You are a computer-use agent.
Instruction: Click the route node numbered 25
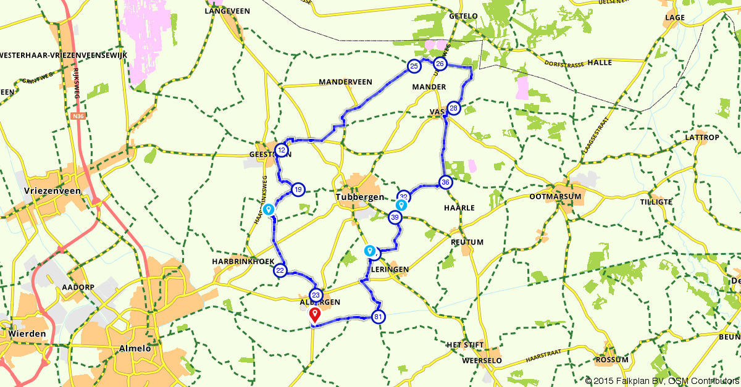click(x=414, y=65)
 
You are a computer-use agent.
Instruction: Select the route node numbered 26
click(x=440, y=64)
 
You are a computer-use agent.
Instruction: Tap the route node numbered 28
click(x=454, y=109)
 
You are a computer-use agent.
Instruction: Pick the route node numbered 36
click(x=445, y=182)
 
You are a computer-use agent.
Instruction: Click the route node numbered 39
click(x=395, y=217)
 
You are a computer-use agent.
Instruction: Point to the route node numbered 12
click(x=282, y=150)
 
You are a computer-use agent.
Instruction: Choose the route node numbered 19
click(x=298, y=189)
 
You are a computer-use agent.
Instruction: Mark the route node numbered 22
click(x=280, y=270)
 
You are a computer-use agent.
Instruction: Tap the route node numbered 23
click(x=316, y=295)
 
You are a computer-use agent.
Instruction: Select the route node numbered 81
click(x=379, y=317)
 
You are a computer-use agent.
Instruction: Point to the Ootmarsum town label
click(x=556, y=196)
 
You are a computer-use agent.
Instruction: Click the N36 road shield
click(x=77, y=115)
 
